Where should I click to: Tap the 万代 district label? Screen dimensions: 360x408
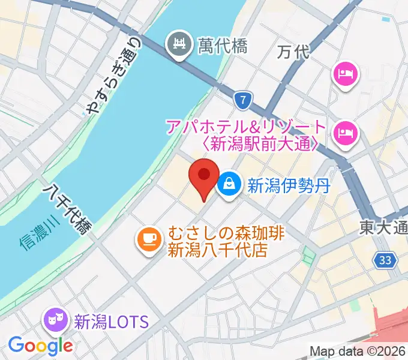point(294,52)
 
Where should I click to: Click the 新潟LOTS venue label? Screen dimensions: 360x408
point(110,322)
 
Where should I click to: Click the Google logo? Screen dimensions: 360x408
point(40,345)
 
